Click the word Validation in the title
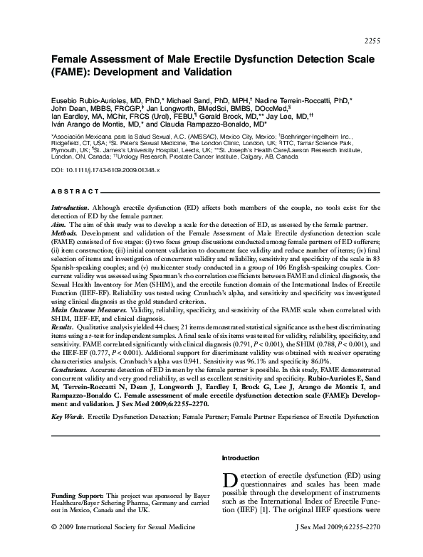pos(206,72)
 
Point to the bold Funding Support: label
pos(78,494)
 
